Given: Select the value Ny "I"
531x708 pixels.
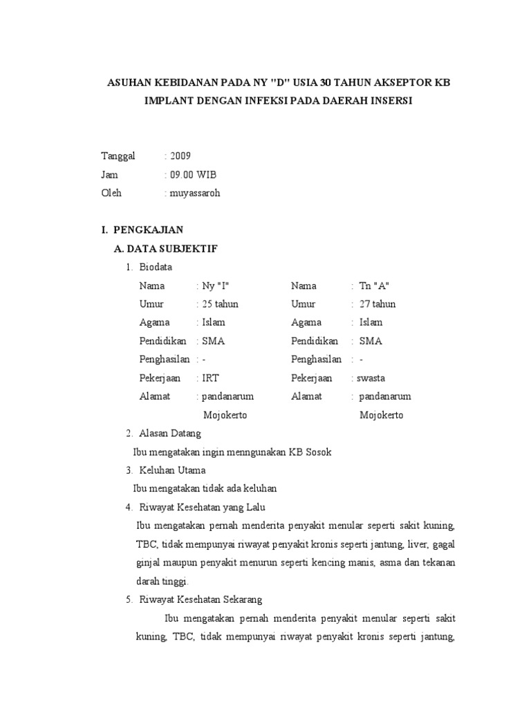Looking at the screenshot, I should [215, 286].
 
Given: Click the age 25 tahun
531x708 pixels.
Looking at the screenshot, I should [220, 304].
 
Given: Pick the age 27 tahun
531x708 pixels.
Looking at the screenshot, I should [378, 304].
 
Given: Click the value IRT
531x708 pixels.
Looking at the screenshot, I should [210, 378].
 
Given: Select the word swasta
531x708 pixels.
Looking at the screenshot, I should [371, 378].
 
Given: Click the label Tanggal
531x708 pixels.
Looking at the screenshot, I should [119, 156].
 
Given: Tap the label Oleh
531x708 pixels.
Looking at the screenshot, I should [111, 193].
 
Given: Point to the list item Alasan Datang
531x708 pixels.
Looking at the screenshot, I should [170, 434].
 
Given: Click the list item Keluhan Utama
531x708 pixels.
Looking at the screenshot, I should [172, 470].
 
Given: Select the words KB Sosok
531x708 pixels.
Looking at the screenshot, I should [313, 452].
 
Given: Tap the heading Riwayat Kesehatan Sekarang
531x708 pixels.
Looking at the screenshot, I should [201, 599].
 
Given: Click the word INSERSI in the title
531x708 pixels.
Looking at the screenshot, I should [389, 100].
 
